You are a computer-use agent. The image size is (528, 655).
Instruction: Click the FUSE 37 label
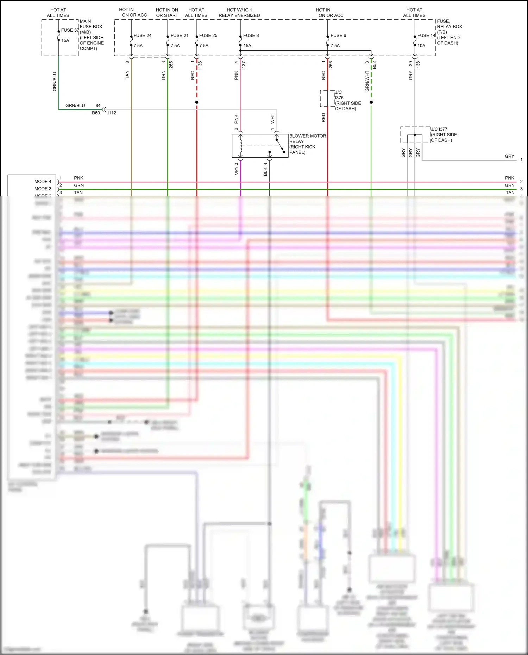tap(70, 30)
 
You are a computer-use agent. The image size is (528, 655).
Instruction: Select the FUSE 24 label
tap(142, 36)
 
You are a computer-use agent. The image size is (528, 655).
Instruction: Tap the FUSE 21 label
tap(179, 36)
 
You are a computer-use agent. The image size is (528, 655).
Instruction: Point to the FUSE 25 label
tap(208, 36)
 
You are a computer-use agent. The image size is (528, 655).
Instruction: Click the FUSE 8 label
tap(251, 36)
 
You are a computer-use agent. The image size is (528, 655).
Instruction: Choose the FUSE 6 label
tap(338, 36)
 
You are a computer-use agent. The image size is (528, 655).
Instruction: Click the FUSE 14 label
tap(426, 36)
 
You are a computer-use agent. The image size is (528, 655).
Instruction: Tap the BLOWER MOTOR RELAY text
tap(307, 144)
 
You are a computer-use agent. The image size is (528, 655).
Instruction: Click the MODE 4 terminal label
tap(43, 182)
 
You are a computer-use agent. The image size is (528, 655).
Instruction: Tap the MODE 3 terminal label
tap(43, 189)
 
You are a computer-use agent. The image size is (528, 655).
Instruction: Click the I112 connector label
tap(112, 113)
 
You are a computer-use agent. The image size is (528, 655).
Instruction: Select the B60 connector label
tap(96, 113)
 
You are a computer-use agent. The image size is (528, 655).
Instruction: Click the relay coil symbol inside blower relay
tap(241, 145)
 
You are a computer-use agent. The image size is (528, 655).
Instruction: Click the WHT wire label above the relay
tap(272, 119)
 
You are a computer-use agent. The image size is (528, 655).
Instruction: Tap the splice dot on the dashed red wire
tap(197, 102)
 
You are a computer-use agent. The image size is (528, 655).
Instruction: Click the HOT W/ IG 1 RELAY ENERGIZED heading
tap(239, 13)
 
